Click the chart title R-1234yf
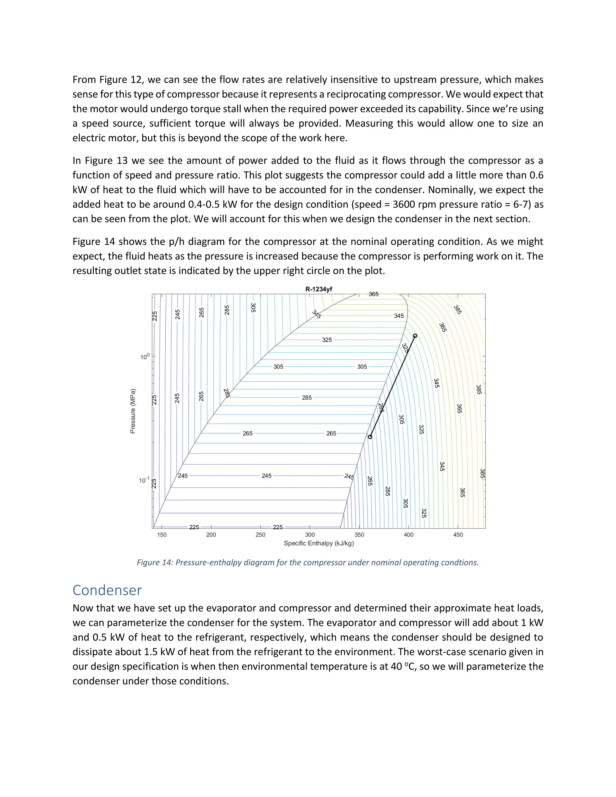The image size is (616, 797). point(319,289)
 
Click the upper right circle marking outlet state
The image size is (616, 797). point(415,336)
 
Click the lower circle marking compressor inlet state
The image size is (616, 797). point(370,437)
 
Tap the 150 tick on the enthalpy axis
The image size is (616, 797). point(162,535)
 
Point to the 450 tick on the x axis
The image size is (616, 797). point(458,535)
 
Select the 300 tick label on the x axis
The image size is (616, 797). point(310,535)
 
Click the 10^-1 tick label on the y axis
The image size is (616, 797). point(144,480)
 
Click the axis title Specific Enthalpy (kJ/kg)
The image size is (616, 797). point(319,543)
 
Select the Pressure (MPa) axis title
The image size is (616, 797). point(133,411)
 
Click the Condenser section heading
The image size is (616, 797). point(107,590)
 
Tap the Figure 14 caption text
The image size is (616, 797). point(307,562)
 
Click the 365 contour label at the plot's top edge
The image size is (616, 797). point(373,294)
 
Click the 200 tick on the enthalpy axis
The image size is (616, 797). point(211,535)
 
